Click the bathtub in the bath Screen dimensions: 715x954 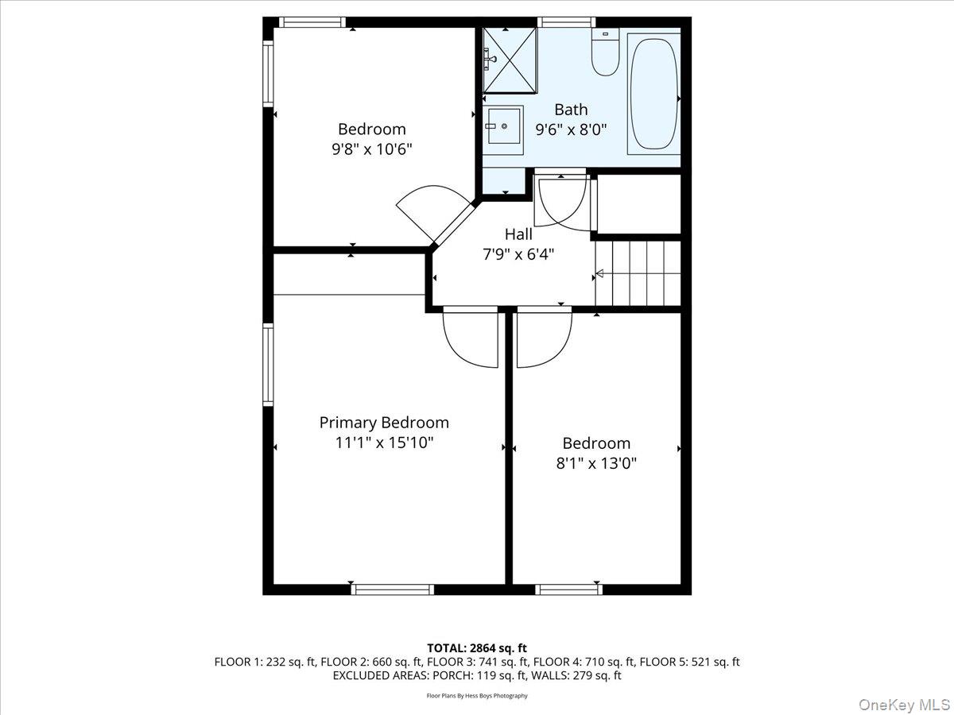pos(653,94)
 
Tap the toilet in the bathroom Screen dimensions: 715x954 pos(605,54)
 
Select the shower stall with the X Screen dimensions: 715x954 pos(510,50)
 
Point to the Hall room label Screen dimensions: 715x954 pos(518,234)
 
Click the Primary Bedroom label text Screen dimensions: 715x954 pos(384,423)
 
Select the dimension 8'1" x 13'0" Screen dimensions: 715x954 pos(596,462)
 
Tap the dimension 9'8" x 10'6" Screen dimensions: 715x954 pos(372,149)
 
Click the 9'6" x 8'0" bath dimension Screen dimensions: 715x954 pos(570,129)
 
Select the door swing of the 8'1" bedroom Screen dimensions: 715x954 pos(544,338)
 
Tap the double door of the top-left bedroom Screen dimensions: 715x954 pos(429,211)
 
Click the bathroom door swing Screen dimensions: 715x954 pos(562,203)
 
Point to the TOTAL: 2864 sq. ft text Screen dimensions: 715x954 pos(476,649)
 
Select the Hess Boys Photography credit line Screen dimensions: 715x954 pos(477,696)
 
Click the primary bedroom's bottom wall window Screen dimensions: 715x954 pos(392,589)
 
